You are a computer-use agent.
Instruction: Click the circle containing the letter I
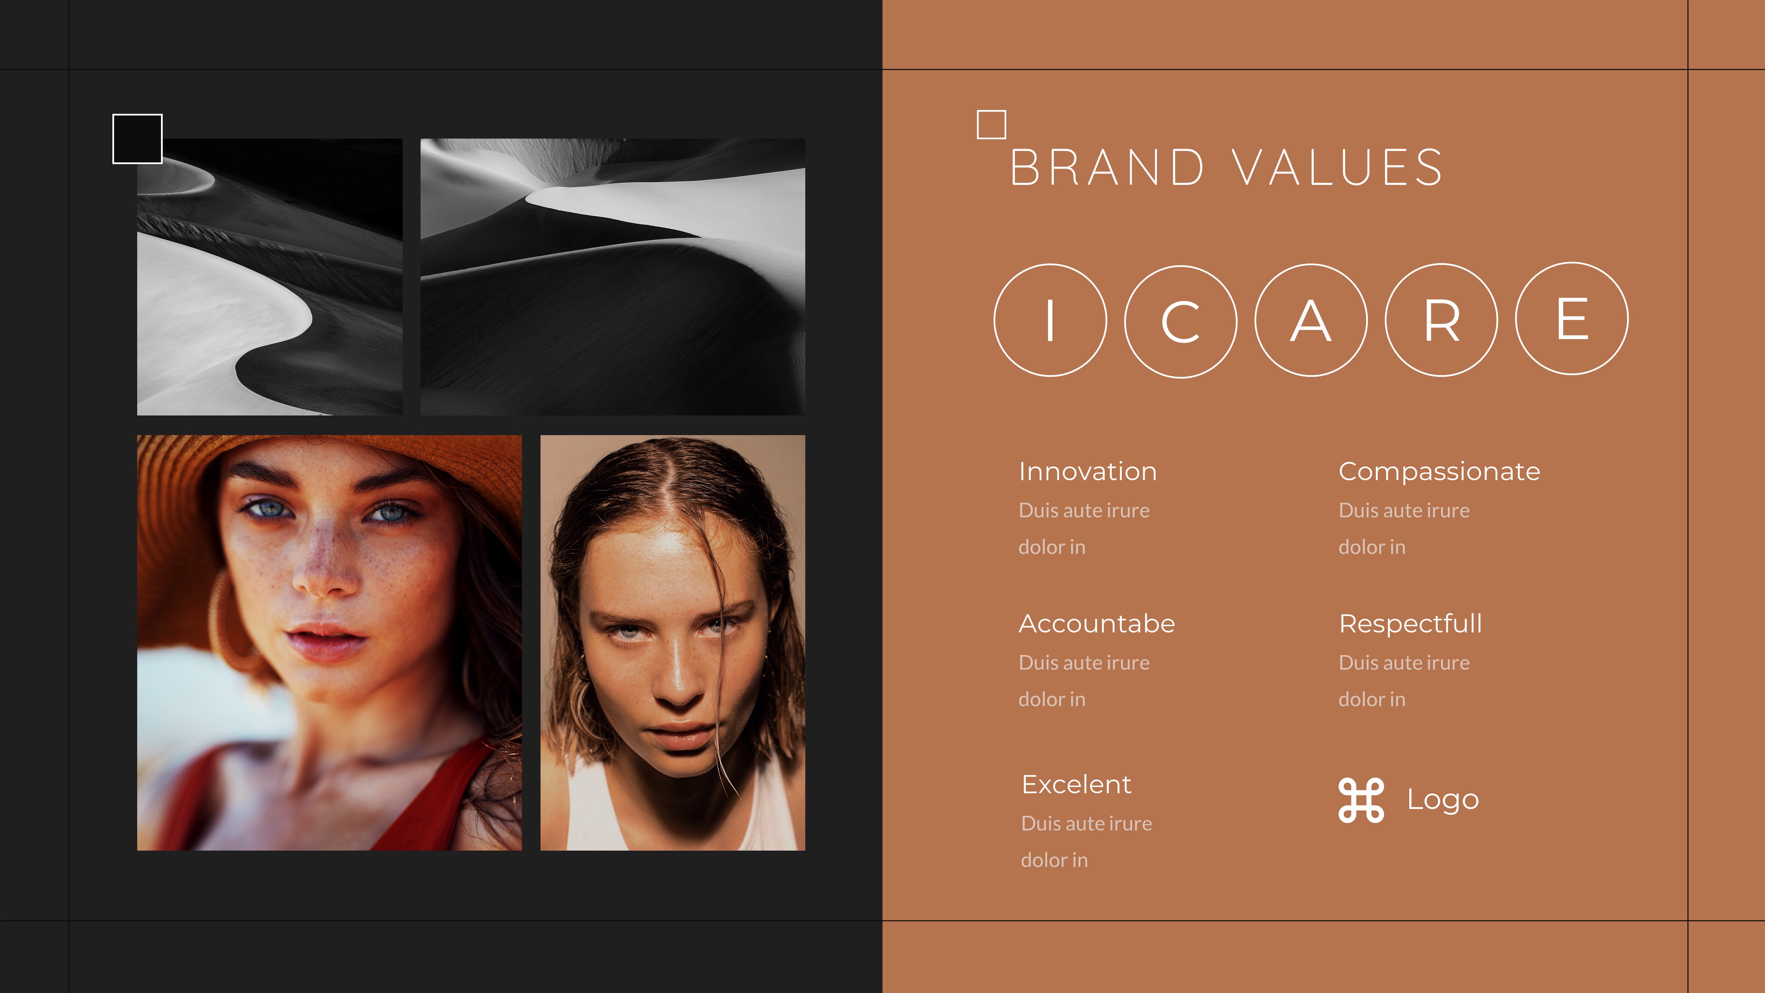tap(1050, 320)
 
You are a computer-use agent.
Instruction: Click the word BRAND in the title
tap(1107, 168)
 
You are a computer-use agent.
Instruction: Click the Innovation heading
tap(1087, 471)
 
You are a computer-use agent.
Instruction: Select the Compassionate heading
tap(1439, 471)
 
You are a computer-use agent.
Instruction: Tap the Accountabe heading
tap(1096, 624)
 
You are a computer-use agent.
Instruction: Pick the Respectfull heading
tap(1410, 624)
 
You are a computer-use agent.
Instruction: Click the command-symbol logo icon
tap(1361, 800)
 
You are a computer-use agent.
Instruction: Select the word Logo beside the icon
tap(1442, 800)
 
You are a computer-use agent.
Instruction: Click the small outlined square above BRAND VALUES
tap(991, 125)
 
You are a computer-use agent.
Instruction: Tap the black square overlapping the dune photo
tap(137, 139)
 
